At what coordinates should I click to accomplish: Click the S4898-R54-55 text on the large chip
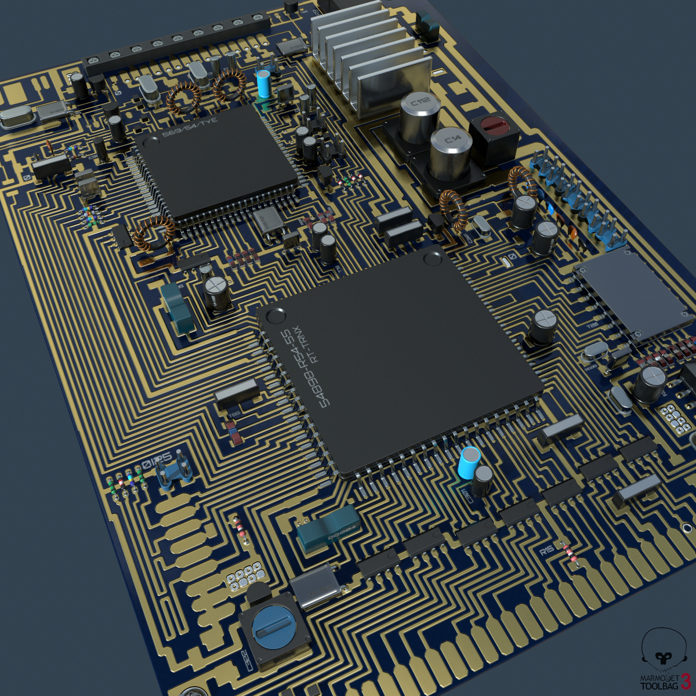(302, 368)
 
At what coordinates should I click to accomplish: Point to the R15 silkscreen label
(547, 550)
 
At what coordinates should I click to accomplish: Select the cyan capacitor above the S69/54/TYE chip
(264, 84)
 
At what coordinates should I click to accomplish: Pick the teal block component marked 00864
(328, 528)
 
